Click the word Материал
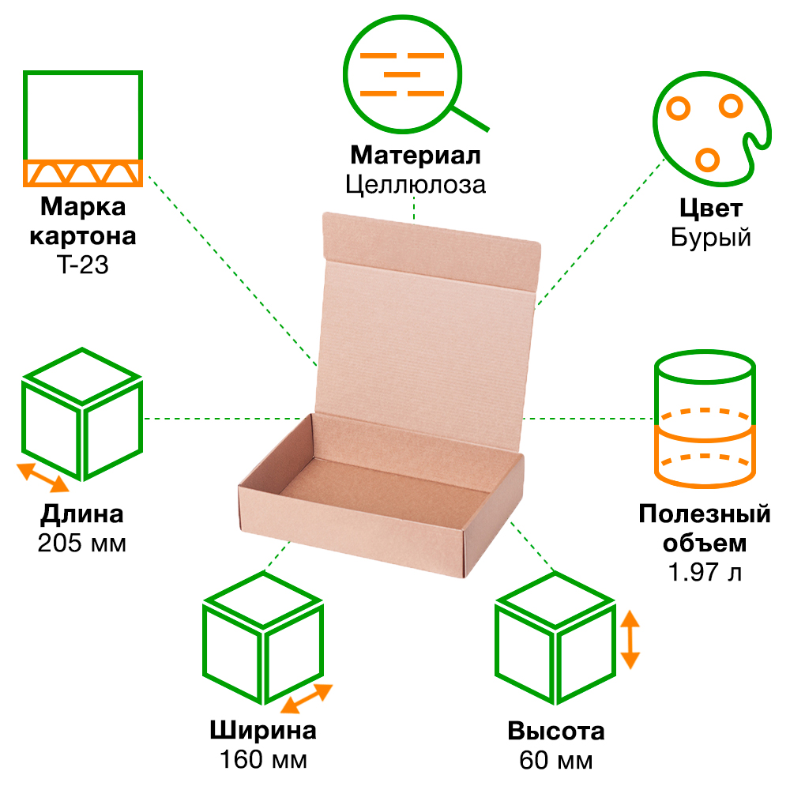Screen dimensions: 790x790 tap(416, 155)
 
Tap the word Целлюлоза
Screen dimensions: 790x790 tap(416, 185)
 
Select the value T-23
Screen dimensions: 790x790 tap(82, 265)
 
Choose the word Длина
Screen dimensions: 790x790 tap(82, 515)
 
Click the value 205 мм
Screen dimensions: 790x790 tap(82, 544)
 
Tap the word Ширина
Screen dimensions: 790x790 tap(263, 731)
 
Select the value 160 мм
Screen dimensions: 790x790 tap(263, 760)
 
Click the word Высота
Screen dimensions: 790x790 tap(556, 731)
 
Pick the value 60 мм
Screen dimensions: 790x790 tap(556, 760)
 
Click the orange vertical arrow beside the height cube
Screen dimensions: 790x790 tap(630, 639)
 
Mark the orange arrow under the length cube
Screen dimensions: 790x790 tap(44, 476)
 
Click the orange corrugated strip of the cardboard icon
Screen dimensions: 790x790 tap(82, 172)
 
